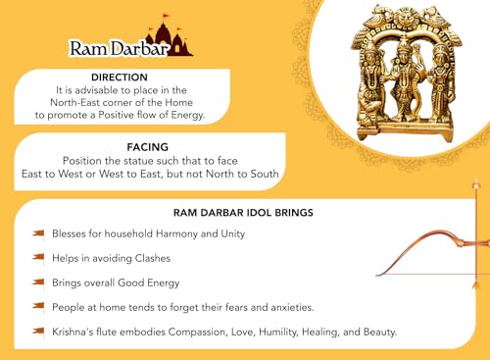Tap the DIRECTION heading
click(x=119, y=77)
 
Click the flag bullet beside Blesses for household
click(x=38, y=233)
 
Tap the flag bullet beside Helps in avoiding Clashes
click(x=38, y=257)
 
